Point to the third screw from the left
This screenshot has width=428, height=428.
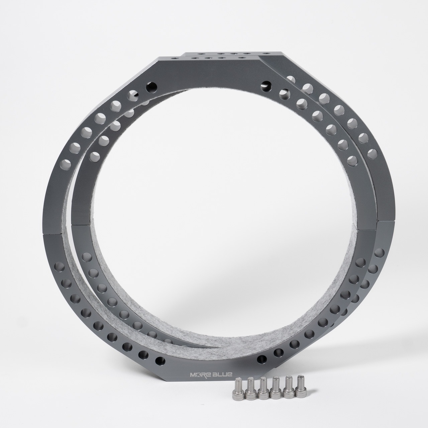click(x=263, y=389)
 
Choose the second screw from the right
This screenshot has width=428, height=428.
click(x=288, y=388)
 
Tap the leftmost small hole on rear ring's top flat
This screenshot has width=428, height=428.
click(x=201, y=53)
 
